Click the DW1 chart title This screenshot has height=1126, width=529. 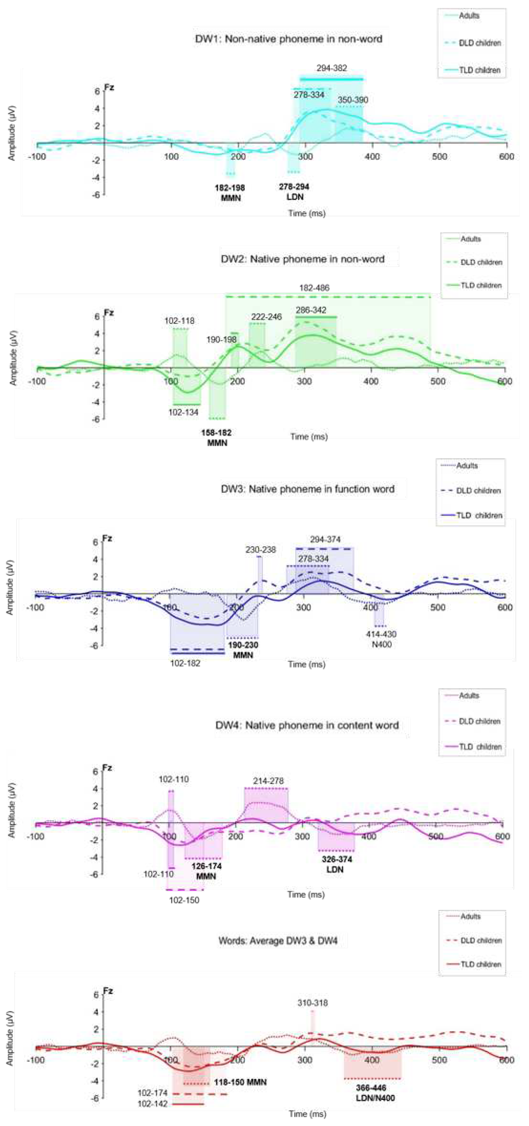tap(289, 39)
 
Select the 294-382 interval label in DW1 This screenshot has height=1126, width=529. tap(331, 68)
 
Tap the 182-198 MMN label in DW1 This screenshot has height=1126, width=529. tap(230, 193)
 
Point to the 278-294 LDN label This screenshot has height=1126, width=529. tap(294, 192)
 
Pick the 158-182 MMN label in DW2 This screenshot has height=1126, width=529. tap(217, 438)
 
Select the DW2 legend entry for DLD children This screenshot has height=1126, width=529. tap(481, 262)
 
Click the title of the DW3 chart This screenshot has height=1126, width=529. tap(307, 489)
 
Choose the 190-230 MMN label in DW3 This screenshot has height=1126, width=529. tap(243, 650)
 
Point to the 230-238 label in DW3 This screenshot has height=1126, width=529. tap(261, 550)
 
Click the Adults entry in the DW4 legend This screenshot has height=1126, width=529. tap(469, 695)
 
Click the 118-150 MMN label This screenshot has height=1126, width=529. tap(240, 1082)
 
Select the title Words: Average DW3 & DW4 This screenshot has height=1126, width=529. tap(278, 941)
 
